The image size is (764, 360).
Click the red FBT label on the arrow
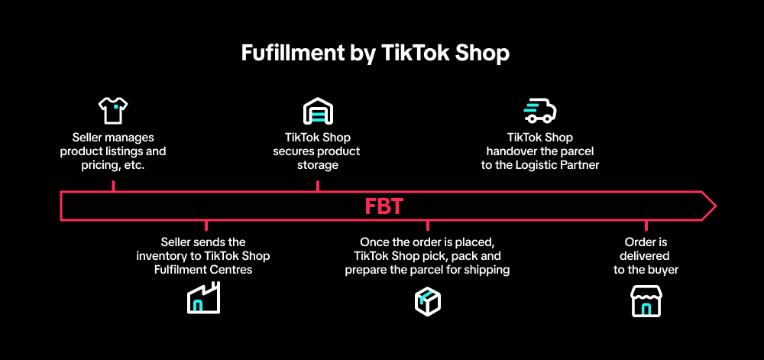(384, 206)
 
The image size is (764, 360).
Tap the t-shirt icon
(113, 110)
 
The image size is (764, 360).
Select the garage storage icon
(318, 111)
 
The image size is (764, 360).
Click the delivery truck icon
(540, 110)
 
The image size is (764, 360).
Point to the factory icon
(204, 297)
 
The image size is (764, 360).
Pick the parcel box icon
(427, 302)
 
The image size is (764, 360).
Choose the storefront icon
(646, 302)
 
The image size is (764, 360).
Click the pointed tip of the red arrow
(716, 206)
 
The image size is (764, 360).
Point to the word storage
(317, 165)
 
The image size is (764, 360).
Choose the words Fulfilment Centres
(203, 269)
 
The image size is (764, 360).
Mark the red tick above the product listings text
(113, 186)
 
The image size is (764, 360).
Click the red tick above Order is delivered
(646, 225)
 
